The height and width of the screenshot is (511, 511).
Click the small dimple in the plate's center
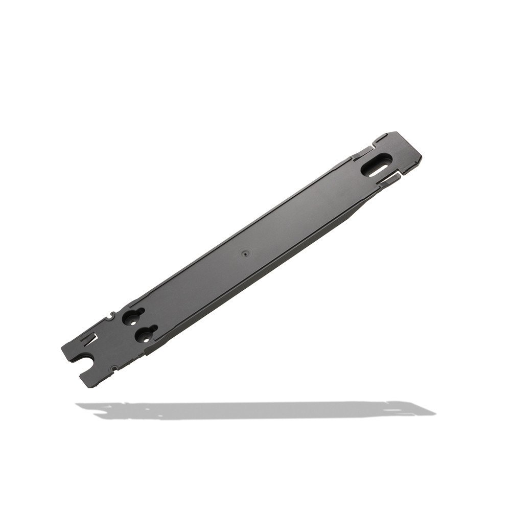tap(245, 252)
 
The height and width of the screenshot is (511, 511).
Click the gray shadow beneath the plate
tap(255, 409)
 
